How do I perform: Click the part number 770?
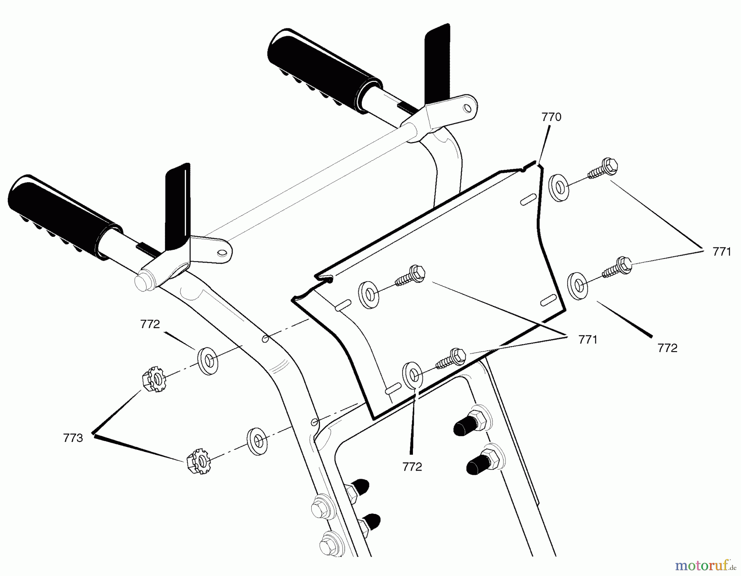pos(551,118)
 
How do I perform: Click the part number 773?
pos(73,438)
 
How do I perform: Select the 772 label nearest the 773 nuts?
pos(150,324)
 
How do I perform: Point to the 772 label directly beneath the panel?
pos(412,467)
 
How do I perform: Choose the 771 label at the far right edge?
pos(722,252)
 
